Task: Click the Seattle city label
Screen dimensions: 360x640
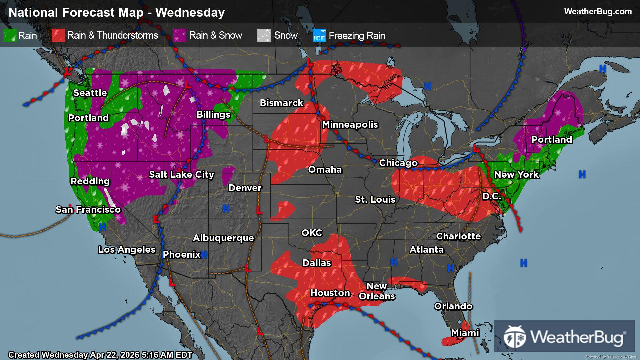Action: [x=90, y=93]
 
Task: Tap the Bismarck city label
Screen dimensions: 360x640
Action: [x=281, y=103]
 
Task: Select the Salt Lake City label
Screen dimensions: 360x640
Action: [x=181, y=175]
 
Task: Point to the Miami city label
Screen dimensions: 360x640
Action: [x=465, y=333]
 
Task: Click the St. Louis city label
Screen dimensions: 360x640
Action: [x=375, y=200]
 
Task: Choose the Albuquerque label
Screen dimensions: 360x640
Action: [x=223, y=238]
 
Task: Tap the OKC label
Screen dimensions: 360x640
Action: [x=312, y=233]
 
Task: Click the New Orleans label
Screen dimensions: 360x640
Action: [x=377, y=291]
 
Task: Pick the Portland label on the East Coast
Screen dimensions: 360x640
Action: [x=552, y=140]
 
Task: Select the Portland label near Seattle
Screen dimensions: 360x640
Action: [x=88, y=118]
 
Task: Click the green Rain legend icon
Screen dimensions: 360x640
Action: [x=10, y=35]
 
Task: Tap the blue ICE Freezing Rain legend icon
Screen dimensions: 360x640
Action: [x=319, y=36]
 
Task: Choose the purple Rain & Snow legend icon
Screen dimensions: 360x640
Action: [x=180, y=35]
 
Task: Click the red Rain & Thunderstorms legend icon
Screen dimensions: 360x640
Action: [x=58, y=35]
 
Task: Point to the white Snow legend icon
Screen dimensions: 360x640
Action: [x=264, y=35]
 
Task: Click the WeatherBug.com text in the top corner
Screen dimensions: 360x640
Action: [x=598, y=12]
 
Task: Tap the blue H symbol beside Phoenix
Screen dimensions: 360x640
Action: [x=204, y=255]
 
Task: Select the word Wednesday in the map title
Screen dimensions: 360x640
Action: [x=190, y=13]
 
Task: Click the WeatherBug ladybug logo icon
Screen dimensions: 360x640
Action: [x=514, y=337]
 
